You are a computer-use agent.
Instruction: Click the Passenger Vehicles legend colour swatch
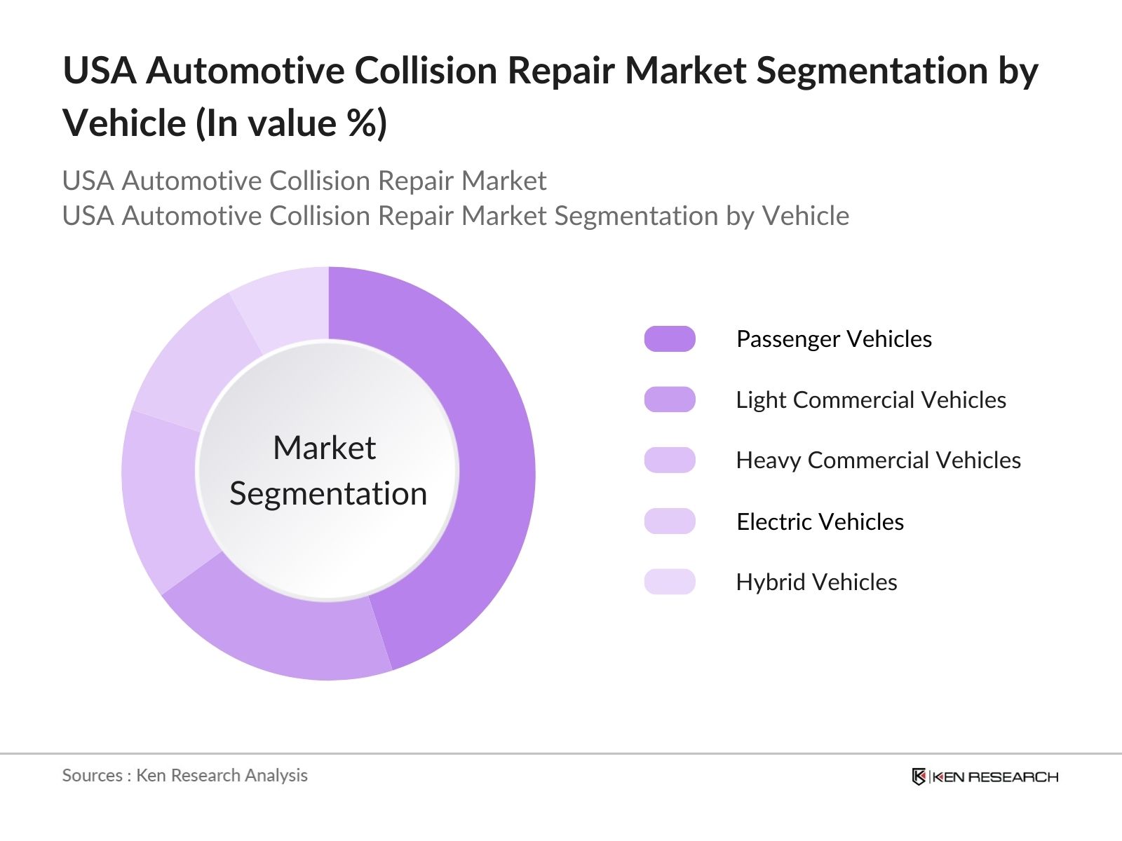click(x=670, y=339)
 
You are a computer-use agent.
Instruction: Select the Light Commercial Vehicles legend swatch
click(x=670, y=399)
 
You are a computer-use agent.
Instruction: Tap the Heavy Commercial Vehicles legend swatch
click(x=670, y=460)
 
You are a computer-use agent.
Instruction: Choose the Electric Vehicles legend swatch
click(x=670, y=521)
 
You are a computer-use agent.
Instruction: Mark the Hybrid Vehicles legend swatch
click(x=670, y=582)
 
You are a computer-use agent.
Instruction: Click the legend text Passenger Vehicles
click(x=834, y=339)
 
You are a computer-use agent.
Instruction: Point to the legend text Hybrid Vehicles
click(x=816, y=582)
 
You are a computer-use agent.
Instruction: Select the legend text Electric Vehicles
click(x=820, y=522)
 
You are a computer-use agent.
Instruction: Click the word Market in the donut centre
click(x=325, y=448)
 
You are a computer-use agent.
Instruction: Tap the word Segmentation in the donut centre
click(x=328, y=494)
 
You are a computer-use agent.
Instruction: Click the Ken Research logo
click(x=985, y=777)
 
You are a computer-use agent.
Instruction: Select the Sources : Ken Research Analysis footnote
click(x=185, y=775)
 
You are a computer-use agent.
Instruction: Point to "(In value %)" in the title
click(x=291, y=124)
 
